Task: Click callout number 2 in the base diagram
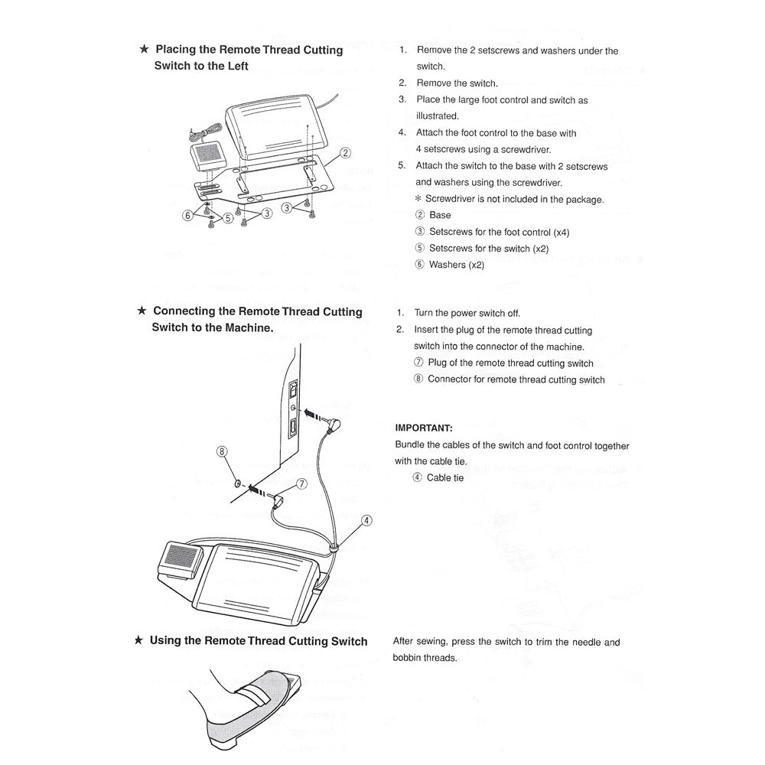[345, 152]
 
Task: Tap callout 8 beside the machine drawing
[223, 452]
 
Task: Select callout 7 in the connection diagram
[301, 484]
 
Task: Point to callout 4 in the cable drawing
[366, 521]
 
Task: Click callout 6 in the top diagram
[188, 216]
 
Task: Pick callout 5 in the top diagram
[227, 217]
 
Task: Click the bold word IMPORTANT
[423, 428]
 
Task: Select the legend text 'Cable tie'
[444, 478]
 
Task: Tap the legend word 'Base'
[440, 215]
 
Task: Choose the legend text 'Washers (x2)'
[457, 265]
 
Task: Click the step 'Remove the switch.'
[457, 83]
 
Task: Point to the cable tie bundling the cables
[334, 548]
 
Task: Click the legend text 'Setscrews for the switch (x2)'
[489, 249]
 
